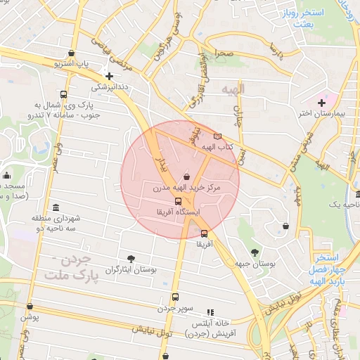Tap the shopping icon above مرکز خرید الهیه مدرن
tap(186, 177)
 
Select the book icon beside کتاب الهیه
tap(217, 136)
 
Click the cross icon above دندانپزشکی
tap(109, 76)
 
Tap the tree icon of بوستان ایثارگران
tap(131, 258)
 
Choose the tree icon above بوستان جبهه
tap(254, 251)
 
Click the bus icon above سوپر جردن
tap(175, 297)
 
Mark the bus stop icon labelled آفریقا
tap(204, 233)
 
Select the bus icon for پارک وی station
tap(64, 95)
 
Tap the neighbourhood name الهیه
tap(231, 89)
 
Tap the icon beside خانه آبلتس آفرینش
tap(210, 312)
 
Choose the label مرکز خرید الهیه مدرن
tap(186, 188)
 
